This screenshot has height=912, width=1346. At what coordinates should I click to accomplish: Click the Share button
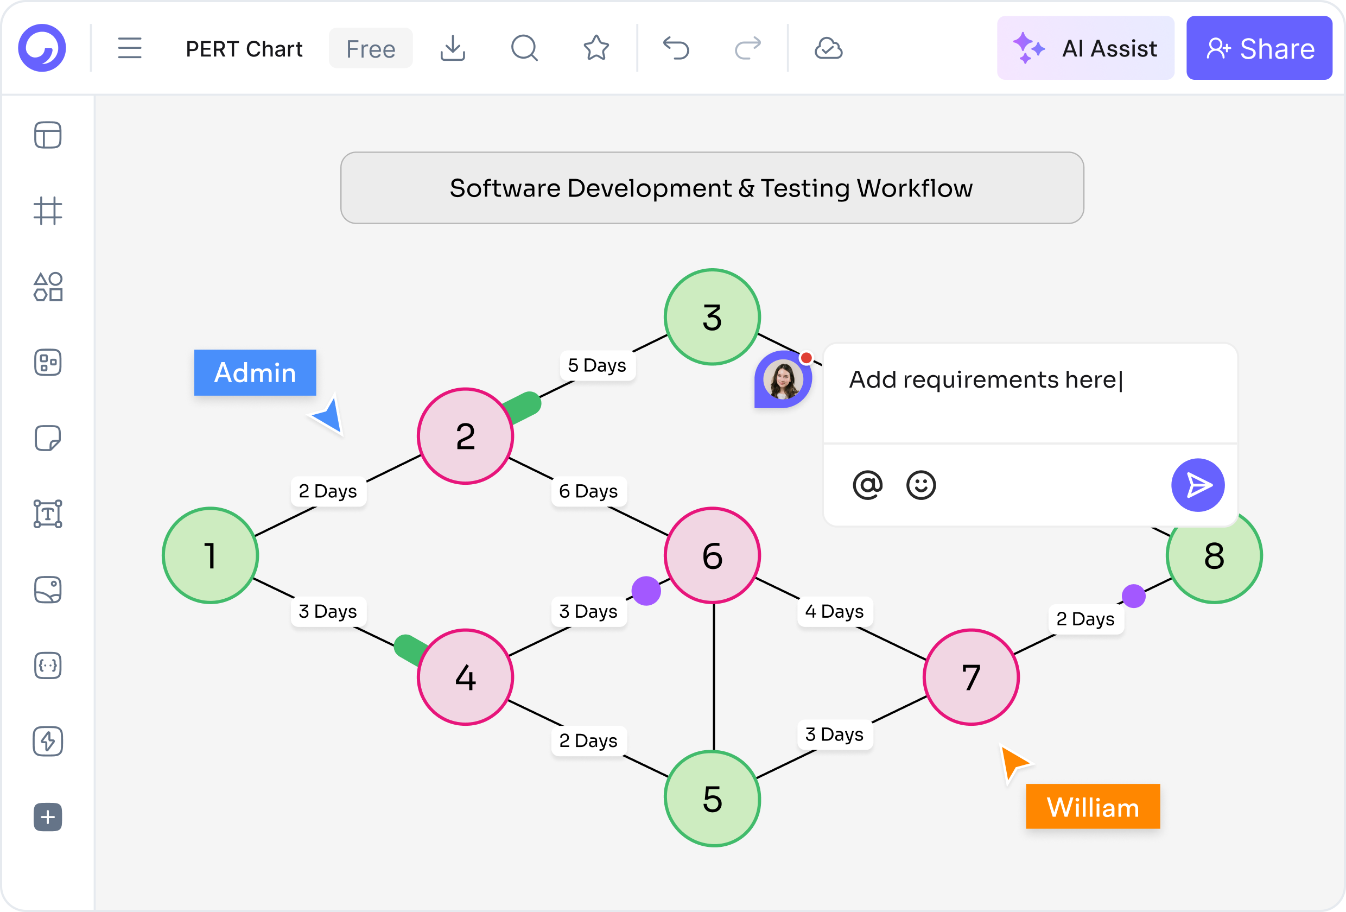pos(1259,48)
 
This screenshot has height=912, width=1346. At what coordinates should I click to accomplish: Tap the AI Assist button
pos(1085,48)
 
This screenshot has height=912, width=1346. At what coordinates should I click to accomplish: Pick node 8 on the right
pos(1214,555)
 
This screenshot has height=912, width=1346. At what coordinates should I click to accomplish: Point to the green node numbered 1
pos(210,555)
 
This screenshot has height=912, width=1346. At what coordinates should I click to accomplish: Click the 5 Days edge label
pos(597,365)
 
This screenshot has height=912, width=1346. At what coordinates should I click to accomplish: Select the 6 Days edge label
pos(588,491)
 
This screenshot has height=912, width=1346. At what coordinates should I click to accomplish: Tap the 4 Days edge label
pos(835,611)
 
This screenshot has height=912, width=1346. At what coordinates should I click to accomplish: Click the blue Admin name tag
pos(255,372)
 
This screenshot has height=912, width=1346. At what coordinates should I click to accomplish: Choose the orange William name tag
pos(1093,807)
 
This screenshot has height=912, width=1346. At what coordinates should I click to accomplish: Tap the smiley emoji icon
pos(921,485)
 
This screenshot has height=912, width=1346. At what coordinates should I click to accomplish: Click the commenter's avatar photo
pos(783,379)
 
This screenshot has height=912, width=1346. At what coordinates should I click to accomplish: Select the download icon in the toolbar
pos(452,48)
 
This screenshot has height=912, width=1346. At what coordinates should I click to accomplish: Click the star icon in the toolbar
pos(596,48)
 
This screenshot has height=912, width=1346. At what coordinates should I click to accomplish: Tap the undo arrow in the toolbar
pos(676,48)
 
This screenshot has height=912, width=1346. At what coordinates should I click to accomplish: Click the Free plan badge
pos(371,48)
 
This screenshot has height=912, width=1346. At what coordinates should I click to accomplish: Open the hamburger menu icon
pos(130,48)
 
